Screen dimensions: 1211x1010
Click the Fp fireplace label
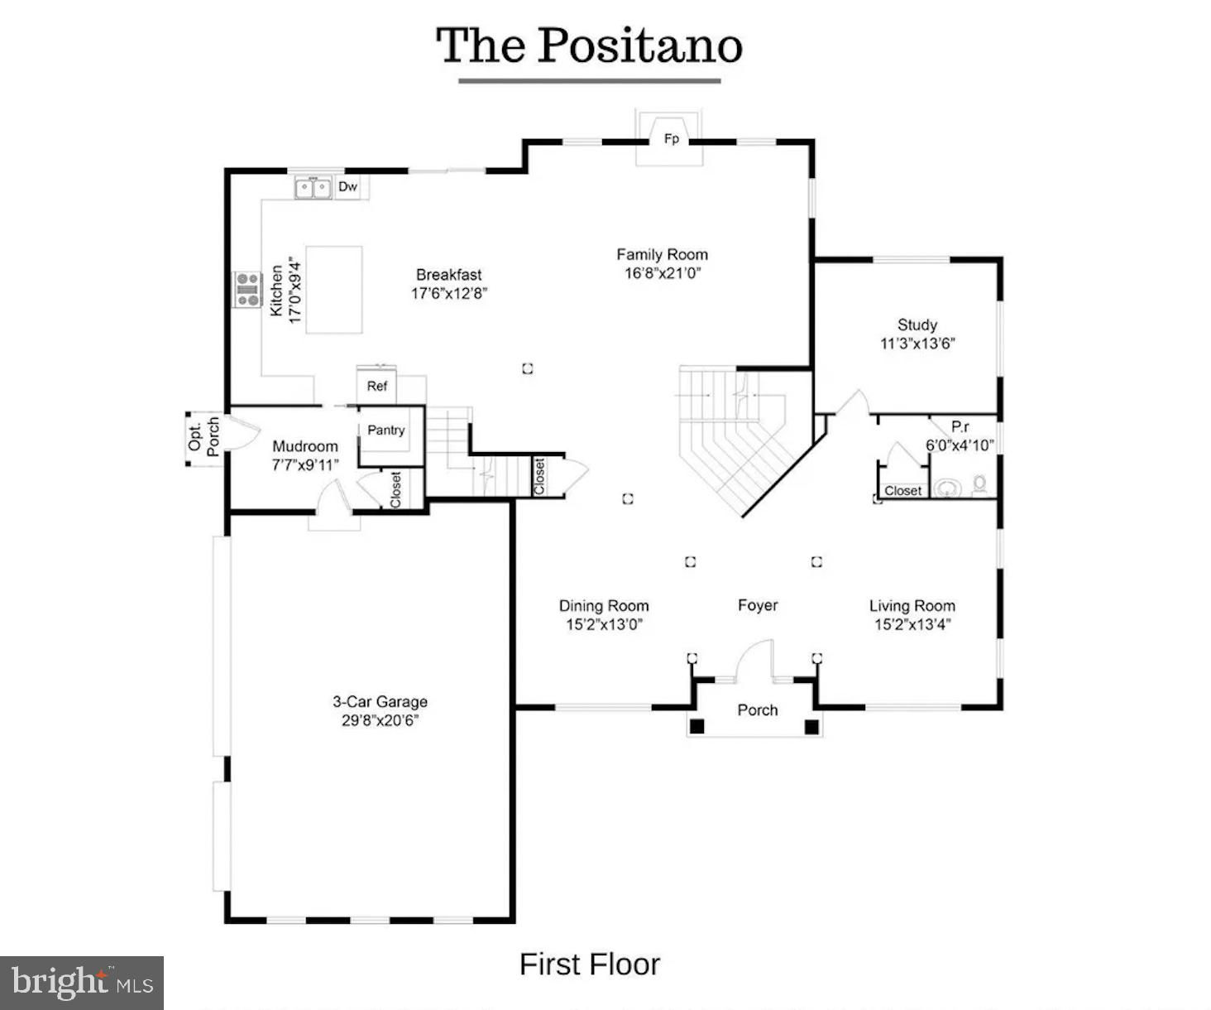coord(671,139)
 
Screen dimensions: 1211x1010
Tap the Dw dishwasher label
coord(347,186)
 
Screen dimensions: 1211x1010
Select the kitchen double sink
coord(314,188)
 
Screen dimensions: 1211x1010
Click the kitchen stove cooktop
coord(247,289)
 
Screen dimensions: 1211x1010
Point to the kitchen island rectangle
coord(334,290)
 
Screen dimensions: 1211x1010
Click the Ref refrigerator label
coord(377,386)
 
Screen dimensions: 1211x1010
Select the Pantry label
coord(385,430)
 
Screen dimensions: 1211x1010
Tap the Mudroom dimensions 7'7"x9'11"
coord(305,465)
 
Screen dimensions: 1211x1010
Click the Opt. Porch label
coord(203,436)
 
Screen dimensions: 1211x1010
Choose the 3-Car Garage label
coord(380,701)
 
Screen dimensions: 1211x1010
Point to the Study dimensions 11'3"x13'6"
coord(917,344)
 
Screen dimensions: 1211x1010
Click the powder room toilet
coord(979,484)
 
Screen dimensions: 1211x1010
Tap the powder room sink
coord(946,488)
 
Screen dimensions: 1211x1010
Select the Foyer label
coord(758,605)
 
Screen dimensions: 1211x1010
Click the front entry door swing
coord(754,660)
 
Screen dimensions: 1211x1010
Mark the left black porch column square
coord(696,726)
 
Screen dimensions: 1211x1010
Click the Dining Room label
coord(604,606)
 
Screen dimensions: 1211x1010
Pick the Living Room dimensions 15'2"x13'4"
coord(912,624)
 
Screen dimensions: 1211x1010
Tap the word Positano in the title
coord(639,46)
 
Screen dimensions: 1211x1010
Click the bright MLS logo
coord(82,983)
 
